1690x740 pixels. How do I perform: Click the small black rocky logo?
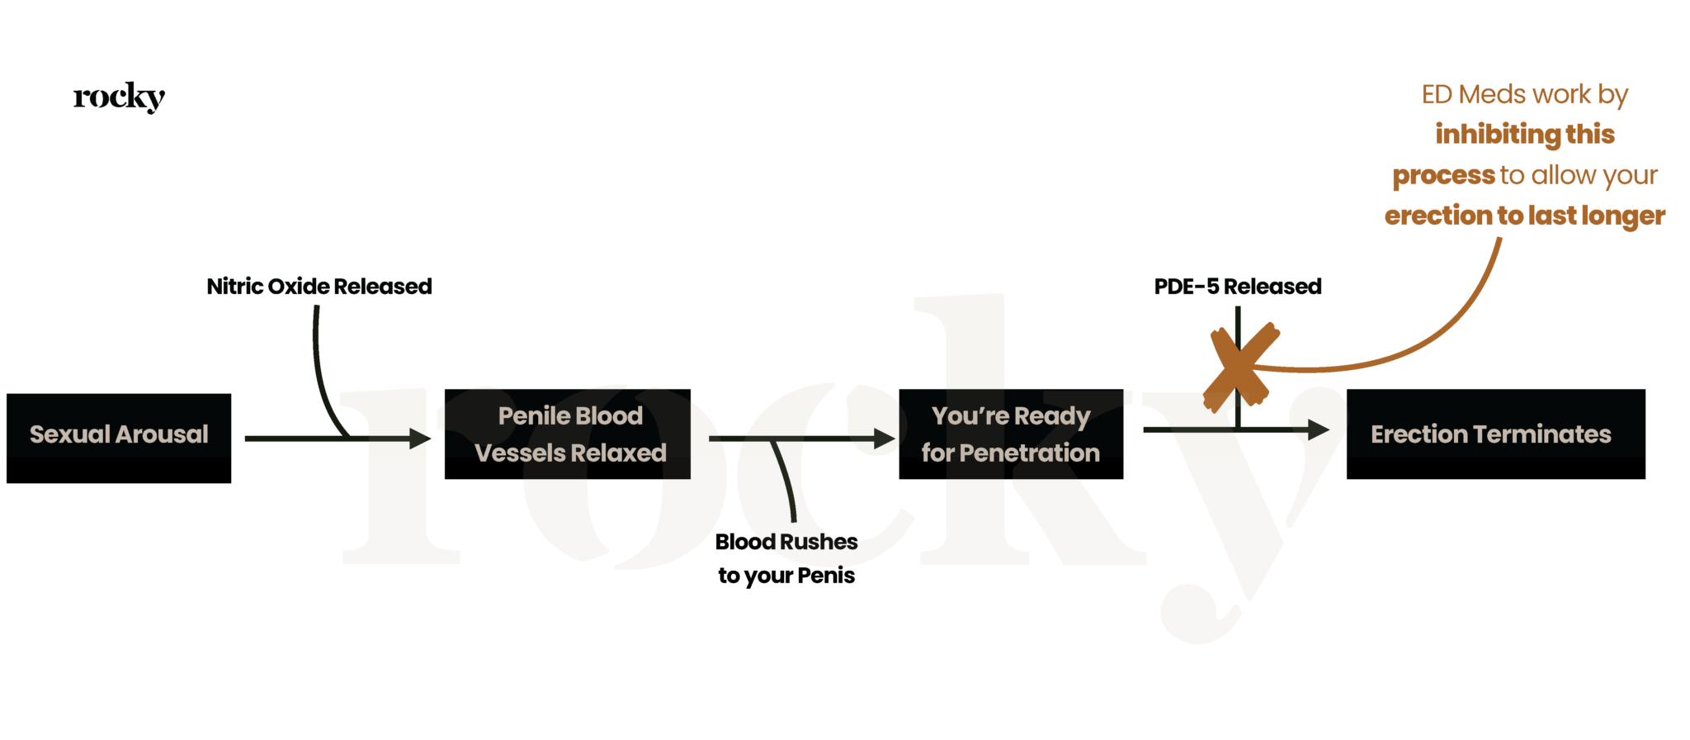(119, 97)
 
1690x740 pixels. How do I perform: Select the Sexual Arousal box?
(119, 438)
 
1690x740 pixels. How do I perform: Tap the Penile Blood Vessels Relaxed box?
(568, 434)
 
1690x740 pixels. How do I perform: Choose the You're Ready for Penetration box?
(1011, 434)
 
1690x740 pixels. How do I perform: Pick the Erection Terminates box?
(1495, 434)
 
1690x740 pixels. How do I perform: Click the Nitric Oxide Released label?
(319, 287)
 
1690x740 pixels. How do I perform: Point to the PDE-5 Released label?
(1238, 287)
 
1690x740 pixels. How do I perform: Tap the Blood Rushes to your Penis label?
(786, 558)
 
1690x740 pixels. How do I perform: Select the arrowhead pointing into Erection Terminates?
(1319, 429)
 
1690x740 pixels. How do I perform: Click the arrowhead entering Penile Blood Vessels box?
(421, 439)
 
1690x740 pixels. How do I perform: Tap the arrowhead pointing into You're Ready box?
(885, 439)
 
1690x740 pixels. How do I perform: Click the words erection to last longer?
(1524, 216)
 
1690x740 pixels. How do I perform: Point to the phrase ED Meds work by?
(1524, 94)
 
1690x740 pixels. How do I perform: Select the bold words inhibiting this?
(1524, 134)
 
